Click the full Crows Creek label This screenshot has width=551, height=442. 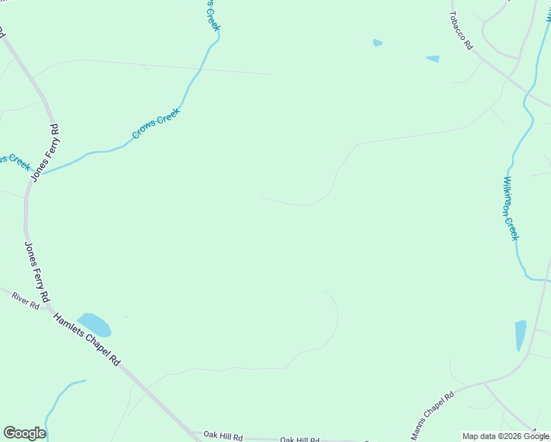point(156,124)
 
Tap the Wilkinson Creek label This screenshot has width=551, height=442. point(510,208)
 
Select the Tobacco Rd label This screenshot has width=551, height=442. point(461,30)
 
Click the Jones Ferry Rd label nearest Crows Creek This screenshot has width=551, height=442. point(45,153)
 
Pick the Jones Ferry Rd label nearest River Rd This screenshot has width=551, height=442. point(36,272)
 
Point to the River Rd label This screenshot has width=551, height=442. point(25,300)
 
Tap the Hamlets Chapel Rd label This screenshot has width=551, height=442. point(85,338)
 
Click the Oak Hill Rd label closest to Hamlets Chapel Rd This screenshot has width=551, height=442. point(222,436)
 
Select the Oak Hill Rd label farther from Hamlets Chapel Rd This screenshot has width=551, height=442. point(300,440)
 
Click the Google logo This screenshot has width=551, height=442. point(24,433)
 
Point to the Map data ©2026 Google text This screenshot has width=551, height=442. point(506,436)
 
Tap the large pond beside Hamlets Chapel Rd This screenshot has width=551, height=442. point(94,324)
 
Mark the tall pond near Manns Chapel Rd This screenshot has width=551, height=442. point(521,334)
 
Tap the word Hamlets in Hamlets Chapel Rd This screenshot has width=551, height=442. point(69,325)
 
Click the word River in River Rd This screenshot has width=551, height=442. point(20,298)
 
